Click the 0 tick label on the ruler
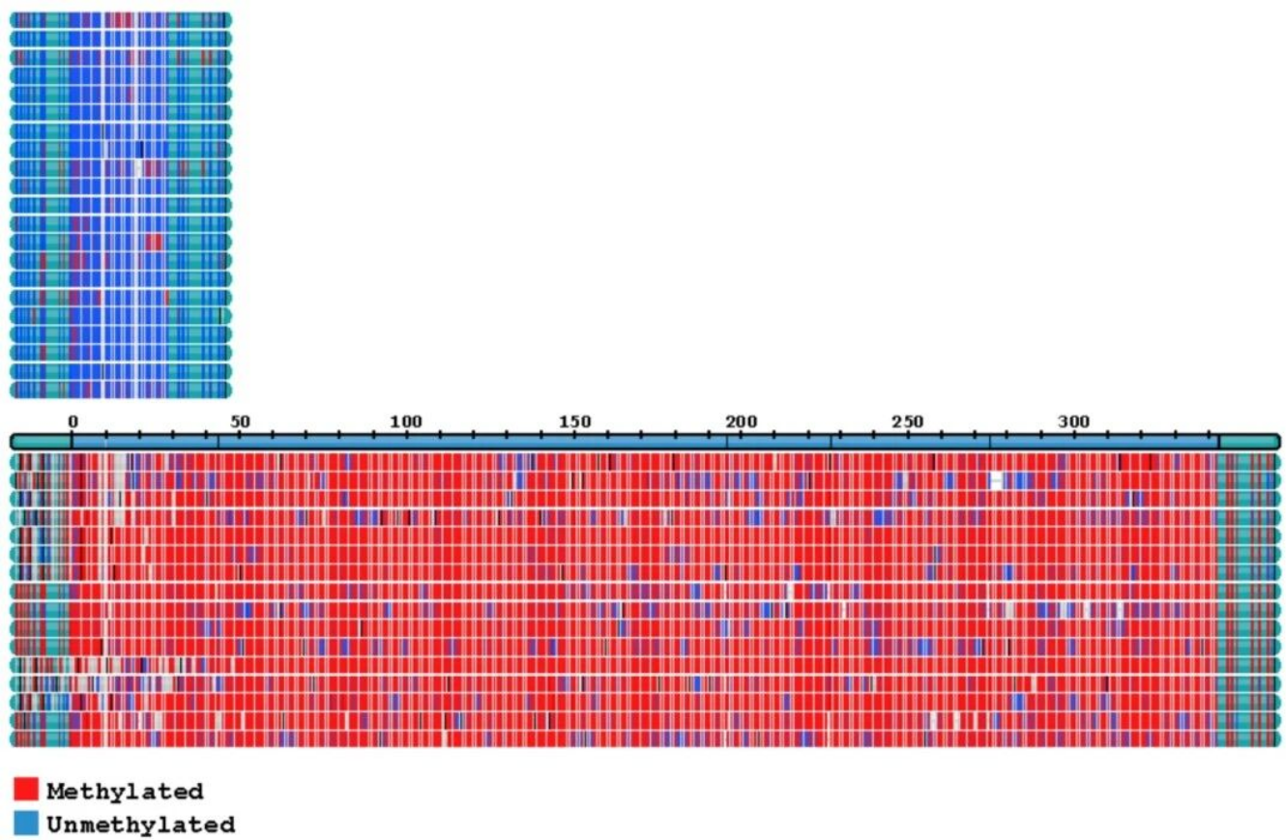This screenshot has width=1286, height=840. (x=73, y=421)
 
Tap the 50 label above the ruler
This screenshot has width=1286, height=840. (x=240, y=421)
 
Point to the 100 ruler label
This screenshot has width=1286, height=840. (x=406, y=421)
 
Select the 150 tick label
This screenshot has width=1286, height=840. (x=574, y=421)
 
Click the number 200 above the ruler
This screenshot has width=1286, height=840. (x=742, y=421)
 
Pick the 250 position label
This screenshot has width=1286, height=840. (x=908, y=421)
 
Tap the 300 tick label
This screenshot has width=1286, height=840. (x=1073, y=421)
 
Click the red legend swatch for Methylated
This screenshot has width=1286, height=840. (x=26, y=789)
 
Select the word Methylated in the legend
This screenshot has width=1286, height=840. (x=125, y=792)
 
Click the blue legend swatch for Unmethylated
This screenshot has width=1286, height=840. (x=26, y=823)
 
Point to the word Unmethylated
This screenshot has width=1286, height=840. (x=141, y=826)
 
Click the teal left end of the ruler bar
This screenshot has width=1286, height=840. (x=41, y=442)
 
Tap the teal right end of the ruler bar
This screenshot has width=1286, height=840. (x=1249, y=442)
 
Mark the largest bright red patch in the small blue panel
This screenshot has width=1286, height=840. (x=154, y=242)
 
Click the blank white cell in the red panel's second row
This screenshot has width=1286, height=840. (x=996, y=480)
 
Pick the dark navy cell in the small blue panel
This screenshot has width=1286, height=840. (x=140, y=150)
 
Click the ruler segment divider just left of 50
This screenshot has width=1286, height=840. (x=219, y=442)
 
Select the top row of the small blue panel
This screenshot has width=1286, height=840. (x=121, y=20)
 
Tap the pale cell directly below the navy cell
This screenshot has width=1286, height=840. (x=139, y=168)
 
